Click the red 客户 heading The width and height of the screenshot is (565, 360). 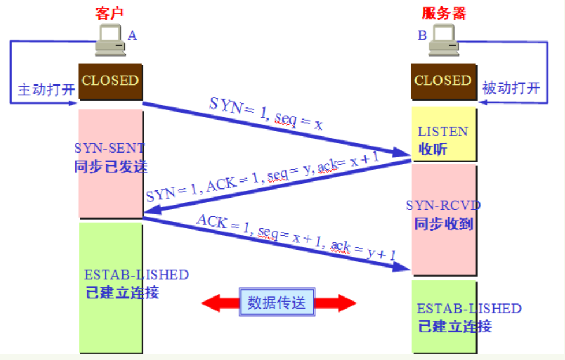coord(109,13)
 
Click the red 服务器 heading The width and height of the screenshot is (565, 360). coord(444,13)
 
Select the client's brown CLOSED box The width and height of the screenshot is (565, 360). coord(110,80)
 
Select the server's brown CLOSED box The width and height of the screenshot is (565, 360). coord(443,80)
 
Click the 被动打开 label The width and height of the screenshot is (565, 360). coord(511,88)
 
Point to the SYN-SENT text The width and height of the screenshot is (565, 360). coord(110,149)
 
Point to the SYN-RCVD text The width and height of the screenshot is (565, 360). coord(444,205)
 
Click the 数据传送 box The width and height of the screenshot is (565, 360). coord(277,302)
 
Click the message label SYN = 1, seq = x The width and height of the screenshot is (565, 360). coord(266,114)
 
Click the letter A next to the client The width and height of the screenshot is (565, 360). coord(132,36)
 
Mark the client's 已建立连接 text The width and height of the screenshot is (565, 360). coord(122,292)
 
